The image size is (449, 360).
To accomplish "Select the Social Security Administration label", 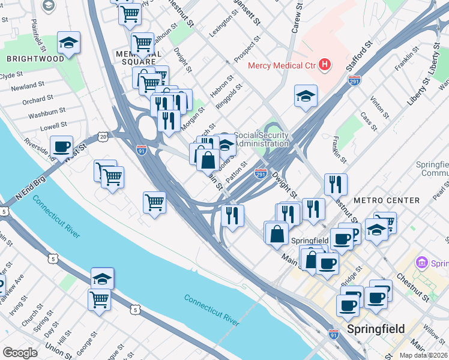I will pyautogui.click(x=262, y=139).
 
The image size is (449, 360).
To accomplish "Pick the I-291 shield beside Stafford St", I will pyautogui.click(x=354, y=80).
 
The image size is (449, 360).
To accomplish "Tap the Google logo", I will pyautogui.click(x=20, y=352).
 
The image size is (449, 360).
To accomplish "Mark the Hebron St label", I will pyautogui.click(x=221, y=86).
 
